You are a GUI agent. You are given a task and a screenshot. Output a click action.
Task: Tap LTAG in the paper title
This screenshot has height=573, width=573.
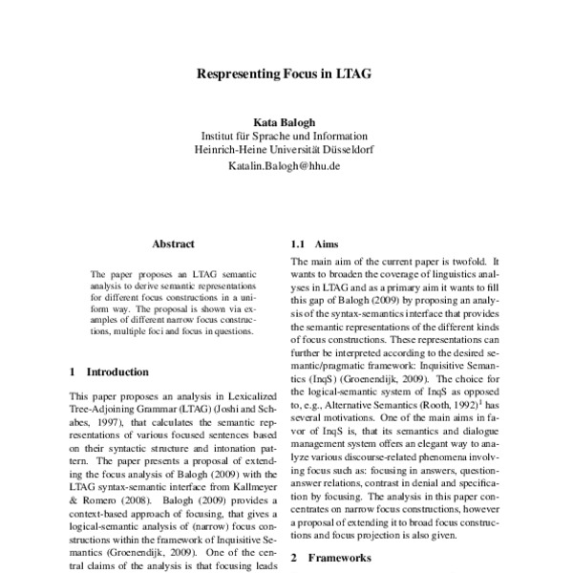pyautogui.click(x=354, y=73)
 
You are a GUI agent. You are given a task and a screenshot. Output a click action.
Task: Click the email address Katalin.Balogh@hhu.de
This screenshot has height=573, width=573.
pyautogui.click(x=284, y=165)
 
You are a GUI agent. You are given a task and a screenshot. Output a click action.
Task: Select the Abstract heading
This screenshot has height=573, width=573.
pyautogui.click(x=173, y=244)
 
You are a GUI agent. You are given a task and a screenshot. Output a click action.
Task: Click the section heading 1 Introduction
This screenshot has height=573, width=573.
pyautogui.click(x=110, y=371)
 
